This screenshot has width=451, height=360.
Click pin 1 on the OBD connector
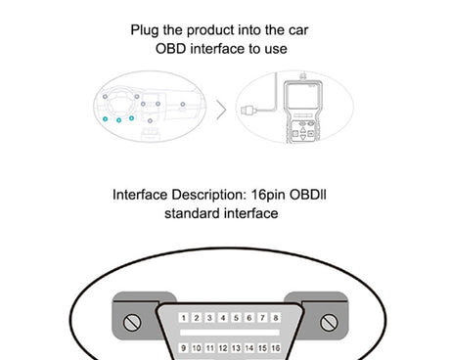(183, 318)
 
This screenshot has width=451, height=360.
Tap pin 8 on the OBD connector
(277, 318)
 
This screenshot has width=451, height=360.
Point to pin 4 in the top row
(223, 318)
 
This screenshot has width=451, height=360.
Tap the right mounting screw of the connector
(328, 321)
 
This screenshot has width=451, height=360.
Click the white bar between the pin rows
(230, 334)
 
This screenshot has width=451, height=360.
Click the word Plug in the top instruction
(146, 29)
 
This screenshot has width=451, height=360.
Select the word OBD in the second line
(171, 48)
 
